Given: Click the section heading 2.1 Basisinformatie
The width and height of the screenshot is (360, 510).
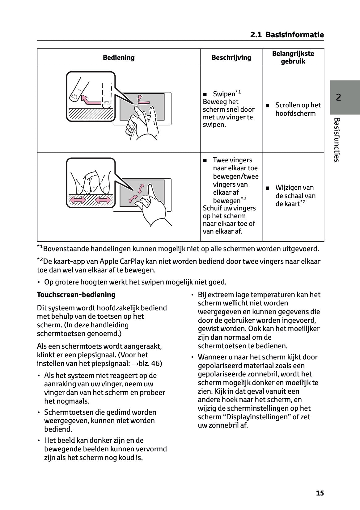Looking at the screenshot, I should [287, 35].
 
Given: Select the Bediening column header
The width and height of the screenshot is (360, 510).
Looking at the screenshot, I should [119, 58].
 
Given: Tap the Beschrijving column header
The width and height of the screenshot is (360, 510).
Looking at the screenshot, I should [231, 58].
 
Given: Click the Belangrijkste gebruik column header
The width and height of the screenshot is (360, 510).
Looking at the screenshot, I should [293, 57].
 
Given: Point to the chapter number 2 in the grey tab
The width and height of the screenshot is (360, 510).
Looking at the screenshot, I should [339, 97].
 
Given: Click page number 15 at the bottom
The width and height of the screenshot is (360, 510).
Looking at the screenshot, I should [320, 493].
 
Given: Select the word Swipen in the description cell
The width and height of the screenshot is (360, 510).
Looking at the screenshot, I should [224, 94].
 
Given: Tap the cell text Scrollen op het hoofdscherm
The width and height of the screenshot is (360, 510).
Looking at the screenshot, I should [298, 109].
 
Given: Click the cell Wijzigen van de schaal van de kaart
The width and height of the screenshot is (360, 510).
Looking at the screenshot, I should [295, 196].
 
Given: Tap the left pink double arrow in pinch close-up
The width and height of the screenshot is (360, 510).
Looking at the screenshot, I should [78, 201].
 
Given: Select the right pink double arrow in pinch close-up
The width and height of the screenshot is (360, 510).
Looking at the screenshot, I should [103, 201].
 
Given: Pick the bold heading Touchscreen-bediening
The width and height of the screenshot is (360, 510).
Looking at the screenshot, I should [76, 295].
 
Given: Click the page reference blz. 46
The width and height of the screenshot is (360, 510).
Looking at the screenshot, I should [150, 363].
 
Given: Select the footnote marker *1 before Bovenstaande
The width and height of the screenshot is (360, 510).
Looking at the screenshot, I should [40, 247].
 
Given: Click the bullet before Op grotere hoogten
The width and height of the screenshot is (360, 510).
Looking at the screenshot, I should [39, 282].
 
